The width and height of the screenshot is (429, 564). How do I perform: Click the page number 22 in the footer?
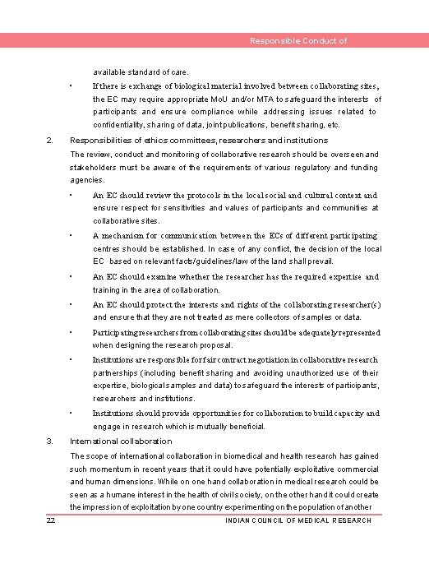[x=51, y=520]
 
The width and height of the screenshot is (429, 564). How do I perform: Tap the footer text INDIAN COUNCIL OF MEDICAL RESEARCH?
[x=298, y=520]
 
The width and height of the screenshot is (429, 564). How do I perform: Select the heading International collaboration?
[x=121, y=441]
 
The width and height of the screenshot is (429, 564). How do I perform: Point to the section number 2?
[x=51, y=141]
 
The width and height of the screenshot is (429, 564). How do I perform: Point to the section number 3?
[x=51, y=441]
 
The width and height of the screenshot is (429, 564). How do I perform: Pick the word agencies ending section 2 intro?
[x=87, y=180]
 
